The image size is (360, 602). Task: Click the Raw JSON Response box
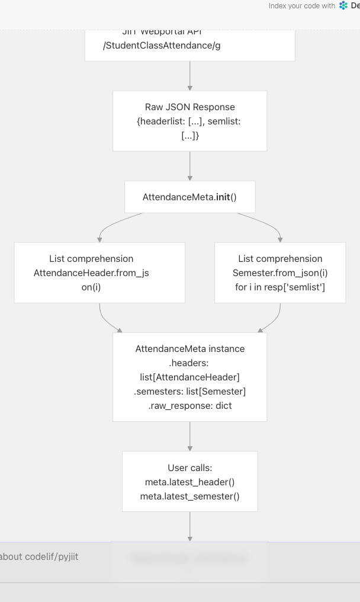click(189, 121)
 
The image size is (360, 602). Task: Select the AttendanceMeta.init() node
click(189, 197)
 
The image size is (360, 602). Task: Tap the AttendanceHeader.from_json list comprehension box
click(99, 273)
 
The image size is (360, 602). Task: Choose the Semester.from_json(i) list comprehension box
click(280, 273)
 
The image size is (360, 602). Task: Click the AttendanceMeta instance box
click(189, 377)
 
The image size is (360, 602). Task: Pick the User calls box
click(189, 481)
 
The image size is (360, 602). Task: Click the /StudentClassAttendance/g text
click(162, 46)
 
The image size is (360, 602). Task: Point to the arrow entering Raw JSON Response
click(189, 76)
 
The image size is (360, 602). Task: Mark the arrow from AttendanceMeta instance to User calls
click(189, 437)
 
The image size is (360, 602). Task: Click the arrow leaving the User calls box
click(189, 526)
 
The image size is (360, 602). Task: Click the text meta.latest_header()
click(189, 482)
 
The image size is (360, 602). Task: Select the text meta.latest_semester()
click(189, 496)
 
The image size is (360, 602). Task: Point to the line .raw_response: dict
click(189, 406)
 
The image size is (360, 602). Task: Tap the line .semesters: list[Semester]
click(189, 392)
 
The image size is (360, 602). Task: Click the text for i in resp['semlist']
click(280, 287)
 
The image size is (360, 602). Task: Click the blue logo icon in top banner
click(343, 6)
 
